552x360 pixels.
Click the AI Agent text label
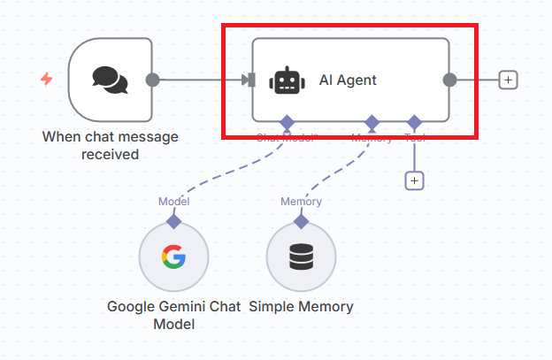(x=348, y=80)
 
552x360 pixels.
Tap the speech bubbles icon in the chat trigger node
(x=110, y=80)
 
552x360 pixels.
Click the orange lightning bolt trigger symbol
(x=47, y=80)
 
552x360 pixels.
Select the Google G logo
(x=173, y=257)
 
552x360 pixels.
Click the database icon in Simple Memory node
(x=301, y=257)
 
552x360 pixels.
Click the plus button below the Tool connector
(x=414, y=180)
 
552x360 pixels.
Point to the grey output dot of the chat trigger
(x=152, y=80)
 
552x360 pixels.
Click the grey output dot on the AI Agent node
(x=449, y=80)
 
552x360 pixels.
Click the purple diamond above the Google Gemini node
(x=173, y=219)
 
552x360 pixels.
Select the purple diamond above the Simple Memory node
(x=301, y=219)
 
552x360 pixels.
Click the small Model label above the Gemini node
(x=173, y=201)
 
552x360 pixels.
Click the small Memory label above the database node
(x=301, y=201)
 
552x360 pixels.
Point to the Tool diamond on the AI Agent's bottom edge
(x=414, y=121)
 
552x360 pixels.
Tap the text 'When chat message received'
(x=110, y=145)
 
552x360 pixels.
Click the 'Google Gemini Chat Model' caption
(x=173, y=315)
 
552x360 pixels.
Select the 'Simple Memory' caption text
(x=301, y=307)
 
